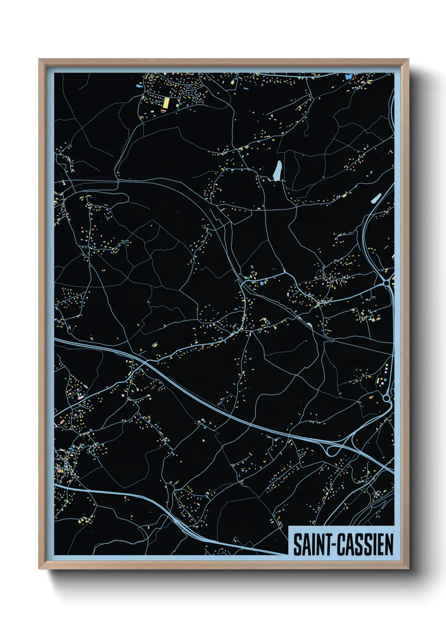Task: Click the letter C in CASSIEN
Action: click(x=340, y=545)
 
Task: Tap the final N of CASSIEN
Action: click(x=389, y=545)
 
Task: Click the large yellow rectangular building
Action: click(x=166, y=102)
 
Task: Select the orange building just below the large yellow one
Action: click(x=163, y=111)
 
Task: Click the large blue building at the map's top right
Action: click(x=348, y=77)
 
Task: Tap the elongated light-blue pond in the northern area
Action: click(x=277, y=170)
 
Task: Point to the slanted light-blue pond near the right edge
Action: click(x=375, y=198)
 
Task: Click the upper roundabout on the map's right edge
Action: click(x=387, y=284)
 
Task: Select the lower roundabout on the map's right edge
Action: click(x=387, y=397)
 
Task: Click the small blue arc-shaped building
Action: click(x=154, y=344)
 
